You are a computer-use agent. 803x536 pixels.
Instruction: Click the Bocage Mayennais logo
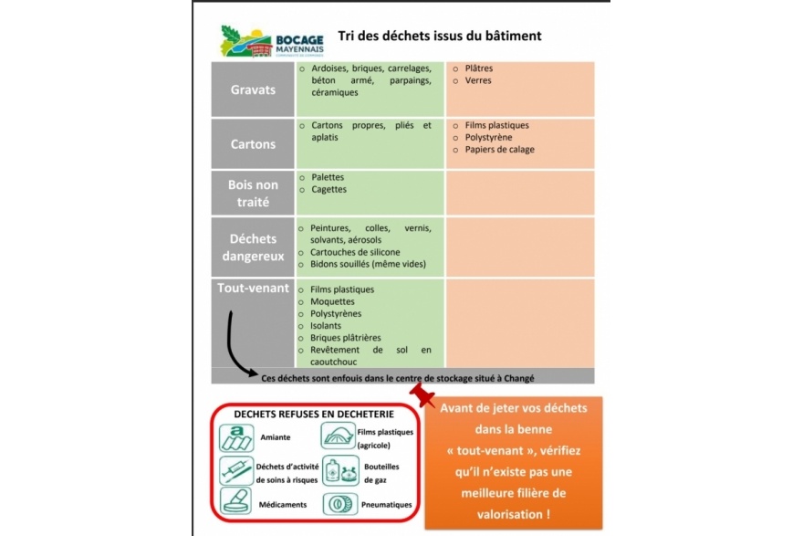272,41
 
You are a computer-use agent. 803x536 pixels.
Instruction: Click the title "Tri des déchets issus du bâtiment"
440,36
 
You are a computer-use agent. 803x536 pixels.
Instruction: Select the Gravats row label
253,89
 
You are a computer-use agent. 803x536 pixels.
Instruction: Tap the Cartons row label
253,144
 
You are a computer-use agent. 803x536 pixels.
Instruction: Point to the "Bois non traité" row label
253,194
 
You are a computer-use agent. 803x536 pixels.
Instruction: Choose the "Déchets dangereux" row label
253,247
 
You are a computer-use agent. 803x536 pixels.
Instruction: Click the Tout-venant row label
253,288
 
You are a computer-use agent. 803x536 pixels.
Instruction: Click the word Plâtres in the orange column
479,68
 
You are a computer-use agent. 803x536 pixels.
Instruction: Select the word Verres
478,80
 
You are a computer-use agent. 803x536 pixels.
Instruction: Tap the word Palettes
328,177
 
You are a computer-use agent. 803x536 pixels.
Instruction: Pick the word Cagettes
328,190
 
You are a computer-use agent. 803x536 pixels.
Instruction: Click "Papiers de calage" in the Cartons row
499,150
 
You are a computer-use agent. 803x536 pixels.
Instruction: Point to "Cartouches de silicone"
355,252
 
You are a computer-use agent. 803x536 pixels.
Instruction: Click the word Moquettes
332,302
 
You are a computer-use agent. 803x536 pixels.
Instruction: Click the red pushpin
422,395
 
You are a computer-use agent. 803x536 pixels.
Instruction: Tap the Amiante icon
236,437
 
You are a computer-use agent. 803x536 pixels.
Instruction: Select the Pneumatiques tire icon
340,504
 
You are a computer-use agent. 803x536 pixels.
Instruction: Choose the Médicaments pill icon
236,500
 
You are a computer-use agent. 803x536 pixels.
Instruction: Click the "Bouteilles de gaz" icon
340,471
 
